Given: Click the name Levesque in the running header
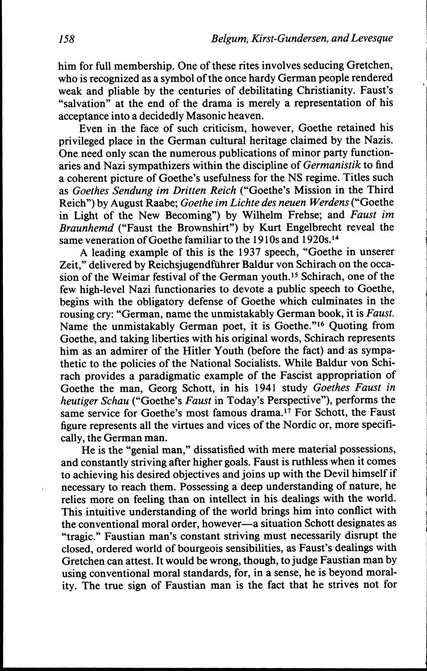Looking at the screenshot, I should (372, 39).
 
